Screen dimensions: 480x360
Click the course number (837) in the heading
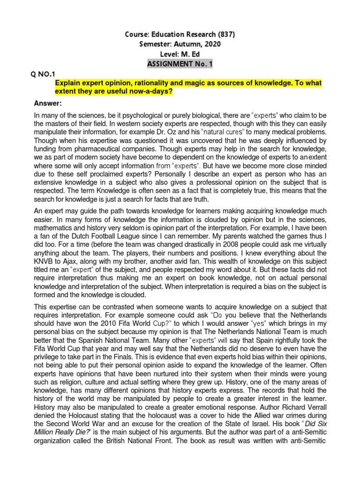pyautogui.click(x=225, y=34)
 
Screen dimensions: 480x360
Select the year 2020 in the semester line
pyautogui.click(x=210, y=44)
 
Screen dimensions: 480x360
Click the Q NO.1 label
pyautogui.click(x=43, y=74)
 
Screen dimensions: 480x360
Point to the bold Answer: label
pyautogui.click(x=49, y=103)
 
